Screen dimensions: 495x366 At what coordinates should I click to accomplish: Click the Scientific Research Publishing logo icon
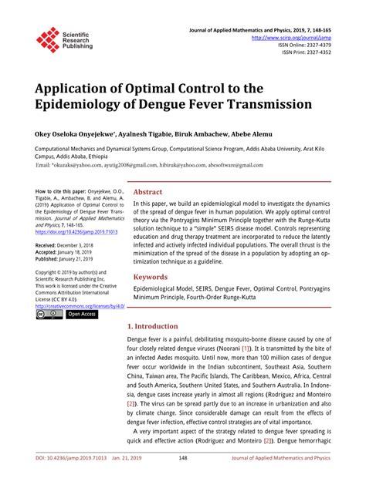click(48, 39)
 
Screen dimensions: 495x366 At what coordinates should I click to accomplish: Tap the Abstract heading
click(147, 193)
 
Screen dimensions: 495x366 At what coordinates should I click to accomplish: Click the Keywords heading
click(151, 277)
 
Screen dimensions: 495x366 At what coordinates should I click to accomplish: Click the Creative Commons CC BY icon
click(48, 315)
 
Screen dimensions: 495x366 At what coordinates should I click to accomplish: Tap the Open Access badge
click(81, 315)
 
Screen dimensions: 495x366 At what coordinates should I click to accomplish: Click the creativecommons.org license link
click(78, 305)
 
